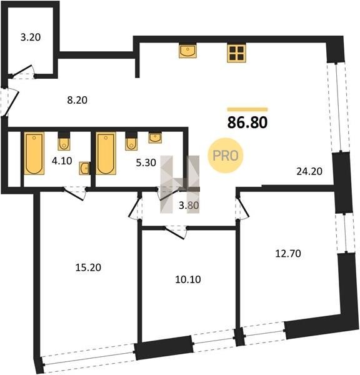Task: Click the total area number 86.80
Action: [x=247, y=122]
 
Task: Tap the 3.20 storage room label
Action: [x=31, y=37]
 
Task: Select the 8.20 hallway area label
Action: [x=77, y=100]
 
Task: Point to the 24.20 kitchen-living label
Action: [x=309, y=171]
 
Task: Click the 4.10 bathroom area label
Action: [x=62, y=161]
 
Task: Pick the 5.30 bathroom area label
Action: [x=146, y=162]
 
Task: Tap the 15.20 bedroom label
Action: [x=88, y=267]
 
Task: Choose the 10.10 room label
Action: [x=188, y=279]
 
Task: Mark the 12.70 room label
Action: [x=288, y=254]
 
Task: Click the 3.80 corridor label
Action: [x=189, y=205]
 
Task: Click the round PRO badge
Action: [x=226, y=156]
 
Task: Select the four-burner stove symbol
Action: [x=237, y=53]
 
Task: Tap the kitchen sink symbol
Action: [x=187, y=51]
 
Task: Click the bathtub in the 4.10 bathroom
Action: [x=34, y=153]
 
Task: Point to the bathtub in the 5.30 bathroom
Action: [x=106, y=153]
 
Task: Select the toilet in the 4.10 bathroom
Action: [x=64, y=141]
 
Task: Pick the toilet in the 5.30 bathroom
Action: [x=131, y=141]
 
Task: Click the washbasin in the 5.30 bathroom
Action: [x=155, y=138]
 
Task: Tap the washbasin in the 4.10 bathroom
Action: [x=84, y=168]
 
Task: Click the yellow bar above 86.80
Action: [x=247, y=109]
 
